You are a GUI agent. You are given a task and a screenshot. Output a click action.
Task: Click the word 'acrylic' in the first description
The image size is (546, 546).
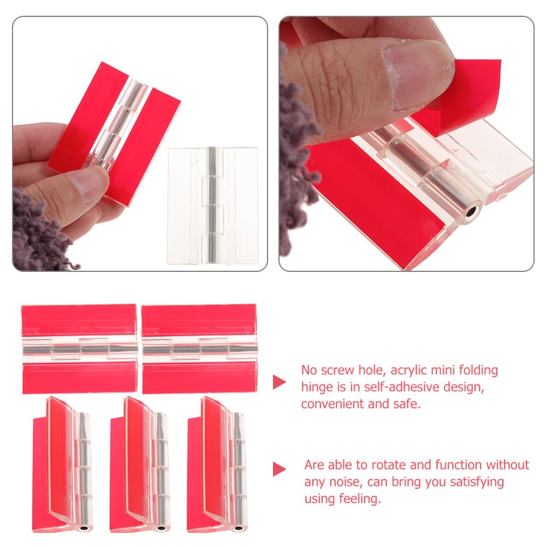click(x=408, y=371)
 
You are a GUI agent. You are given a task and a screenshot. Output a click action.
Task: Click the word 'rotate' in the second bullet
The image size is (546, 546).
click(x=389, y=465)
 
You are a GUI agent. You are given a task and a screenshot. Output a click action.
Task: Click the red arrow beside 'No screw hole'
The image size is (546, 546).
click(x=279, y=382)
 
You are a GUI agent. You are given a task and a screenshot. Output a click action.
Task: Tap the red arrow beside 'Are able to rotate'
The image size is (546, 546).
click(x=279, y=469)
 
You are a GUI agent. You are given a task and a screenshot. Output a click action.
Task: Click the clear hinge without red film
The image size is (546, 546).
click(x=212, y=205)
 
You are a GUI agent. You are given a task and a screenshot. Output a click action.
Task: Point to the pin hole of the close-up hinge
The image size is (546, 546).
click(x=471, y=215)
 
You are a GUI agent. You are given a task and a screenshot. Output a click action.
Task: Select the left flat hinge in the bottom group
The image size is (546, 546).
click(x=79, y=349)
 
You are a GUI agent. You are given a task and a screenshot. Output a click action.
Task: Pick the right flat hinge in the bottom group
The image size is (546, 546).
click(x=199, y=349)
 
